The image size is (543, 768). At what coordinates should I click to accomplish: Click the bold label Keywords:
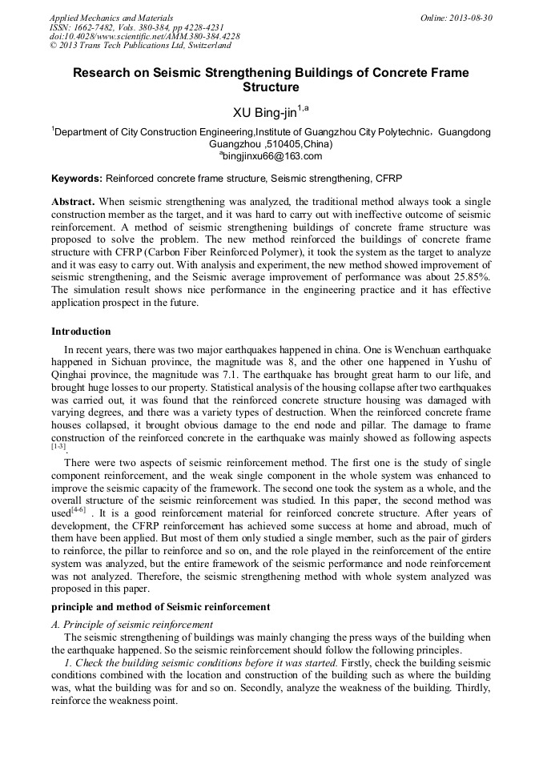(x=77, y=178)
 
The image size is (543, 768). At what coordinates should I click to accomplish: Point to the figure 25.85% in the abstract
(x=469, y=274)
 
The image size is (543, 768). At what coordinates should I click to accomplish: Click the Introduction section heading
(x=81, y=331)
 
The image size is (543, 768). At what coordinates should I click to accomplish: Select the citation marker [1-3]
(x=58, y=446)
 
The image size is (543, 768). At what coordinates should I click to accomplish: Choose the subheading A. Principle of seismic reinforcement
(x=132, y=624)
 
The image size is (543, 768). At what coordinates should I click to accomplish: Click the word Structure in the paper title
(x=271, y=87)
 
